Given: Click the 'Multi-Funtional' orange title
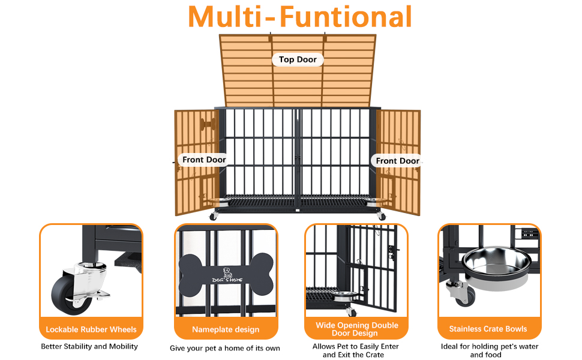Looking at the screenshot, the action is coord(300,17).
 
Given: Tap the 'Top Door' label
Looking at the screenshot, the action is coord(298,59).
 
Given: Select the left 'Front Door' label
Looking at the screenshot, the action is coord(204,160).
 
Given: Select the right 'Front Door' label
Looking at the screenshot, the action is coord(398,161).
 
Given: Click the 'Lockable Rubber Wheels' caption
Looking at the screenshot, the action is coord(91,329).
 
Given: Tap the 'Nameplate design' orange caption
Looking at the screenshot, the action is coord(226,329).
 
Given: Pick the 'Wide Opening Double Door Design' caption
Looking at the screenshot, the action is coord(356,329).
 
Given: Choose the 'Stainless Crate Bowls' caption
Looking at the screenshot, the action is coord(488,329).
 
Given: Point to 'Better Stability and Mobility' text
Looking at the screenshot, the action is coord(89,346).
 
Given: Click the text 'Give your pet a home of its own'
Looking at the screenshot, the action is coord(225,348).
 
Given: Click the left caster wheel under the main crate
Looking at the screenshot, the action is coord(214,217).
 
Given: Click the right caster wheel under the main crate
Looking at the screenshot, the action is coord(382,216).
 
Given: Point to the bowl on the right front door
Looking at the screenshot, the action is coord(375,202).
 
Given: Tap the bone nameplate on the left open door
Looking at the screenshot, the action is coord(208,124).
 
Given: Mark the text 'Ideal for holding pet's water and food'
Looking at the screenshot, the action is coord(489,350).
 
